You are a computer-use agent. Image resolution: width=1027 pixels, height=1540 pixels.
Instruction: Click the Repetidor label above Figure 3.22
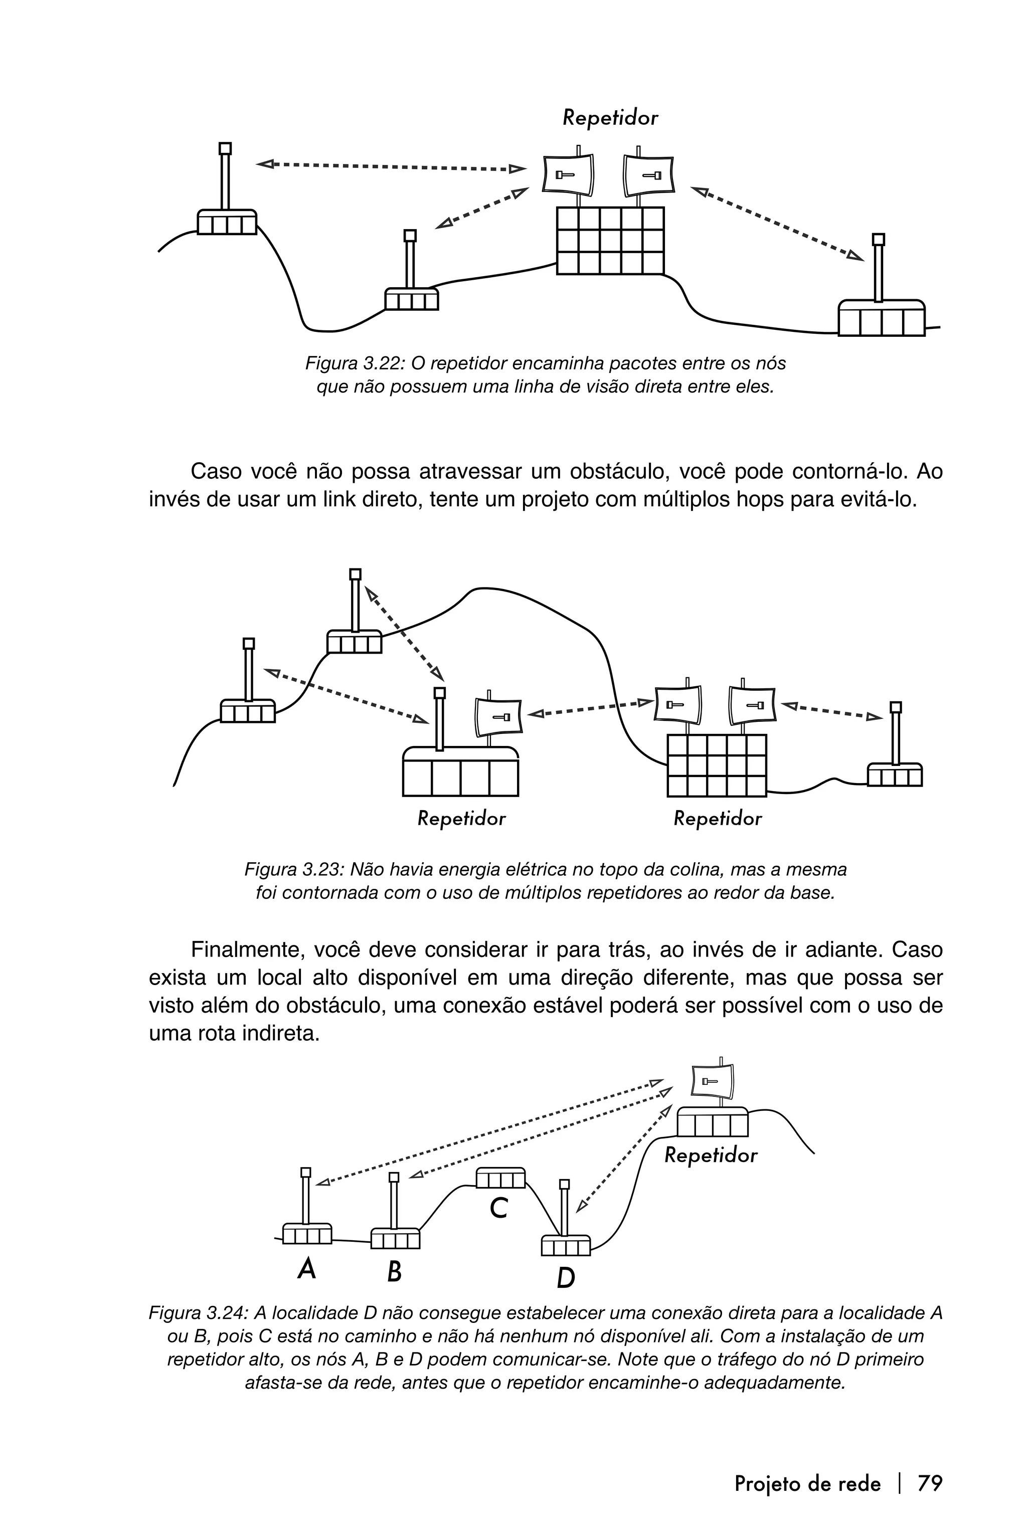[610, 118]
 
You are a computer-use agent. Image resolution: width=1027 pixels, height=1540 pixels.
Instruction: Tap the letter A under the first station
[306, 1269]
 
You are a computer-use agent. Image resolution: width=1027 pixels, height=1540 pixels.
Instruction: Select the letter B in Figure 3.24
[394, 1271]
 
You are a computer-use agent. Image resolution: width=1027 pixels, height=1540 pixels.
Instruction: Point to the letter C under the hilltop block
[498, 1208]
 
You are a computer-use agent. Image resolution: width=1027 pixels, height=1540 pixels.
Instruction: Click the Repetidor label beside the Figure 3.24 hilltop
[711, 1155]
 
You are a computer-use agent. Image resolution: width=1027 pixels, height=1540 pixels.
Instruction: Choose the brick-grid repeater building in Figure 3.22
[610, 240]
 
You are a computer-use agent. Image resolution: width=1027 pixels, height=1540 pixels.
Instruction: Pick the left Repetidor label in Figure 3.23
[462, 819]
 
